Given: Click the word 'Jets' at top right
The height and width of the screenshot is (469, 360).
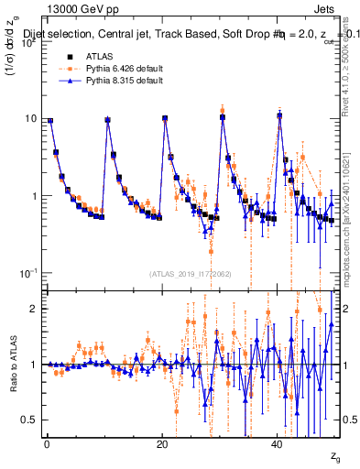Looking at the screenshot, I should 325,9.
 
